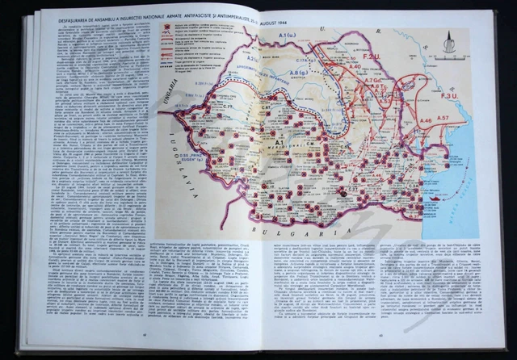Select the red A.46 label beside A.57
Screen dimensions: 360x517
[x=424, y=121]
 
